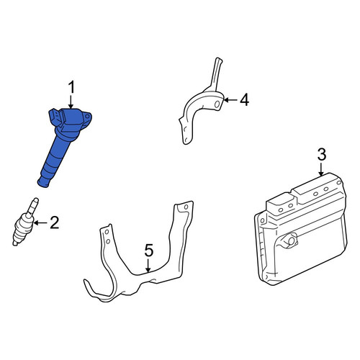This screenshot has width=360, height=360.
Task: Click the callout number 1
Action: tap(71, 87)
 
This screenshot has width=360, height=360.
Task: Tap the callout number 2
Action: tap(55, 222)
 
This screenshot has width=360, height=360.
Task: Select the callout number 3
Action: tap(322, 155)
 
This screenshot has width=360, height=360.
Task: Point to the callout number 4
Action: tap(244, 100)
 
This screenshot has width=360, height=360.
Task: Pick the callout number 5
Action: tap(149, 251)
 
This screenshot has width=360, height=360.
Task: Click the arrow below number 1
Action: tap(71, 102)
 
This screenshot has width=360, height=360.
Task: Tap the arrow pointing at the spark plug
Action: tap(40, 223)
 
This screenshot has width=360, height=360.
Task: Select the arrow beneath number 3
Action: tap(321, 169)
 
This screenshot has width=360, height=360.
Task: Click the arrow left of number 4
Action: tap(230, 100)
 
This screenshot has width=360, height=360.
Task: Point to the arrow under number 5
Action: tap(148, 266)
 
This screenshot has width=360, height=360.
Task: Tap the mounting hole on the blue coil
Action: tap(87, 117)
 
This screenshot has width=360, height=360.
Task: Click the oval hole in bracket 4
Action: tap(217, 104)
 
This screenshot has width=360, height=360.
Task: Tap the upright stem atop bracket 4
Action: tap(216, 73)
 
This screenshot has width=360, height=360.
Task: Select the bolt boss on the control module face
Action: tap(291, 240)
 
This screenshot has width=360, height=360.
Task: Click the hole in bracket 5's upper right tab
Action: tap(186, 207)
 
